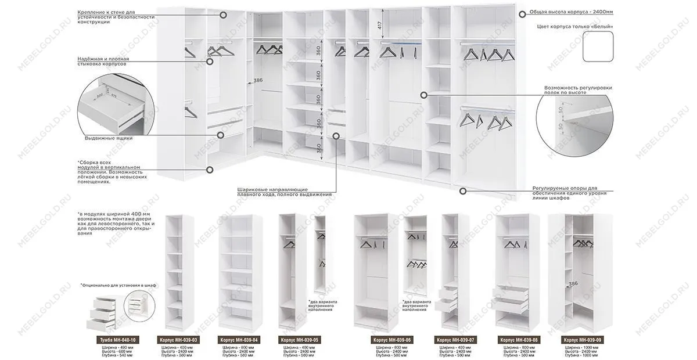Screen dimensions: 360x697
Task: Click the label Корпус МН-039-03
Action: pos(178,340)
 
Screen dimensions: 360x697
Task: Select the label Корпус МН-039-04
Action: pos(239,340)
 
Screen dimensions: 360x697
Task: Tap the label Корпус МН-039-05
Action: pos(300,340)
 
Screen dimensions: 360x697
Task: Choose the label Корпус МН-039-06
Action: pos(392,340)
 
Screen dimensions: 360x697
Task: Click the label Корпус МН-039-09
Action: pos(583,340)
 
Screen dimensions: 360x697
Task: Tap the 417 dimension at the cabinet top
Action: pos(379,25)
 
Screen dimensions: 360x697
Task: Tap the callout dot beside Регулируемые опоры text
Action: pos(463,190)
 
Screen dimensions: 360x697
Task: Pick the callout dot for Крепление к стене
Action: pos(224,16)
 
